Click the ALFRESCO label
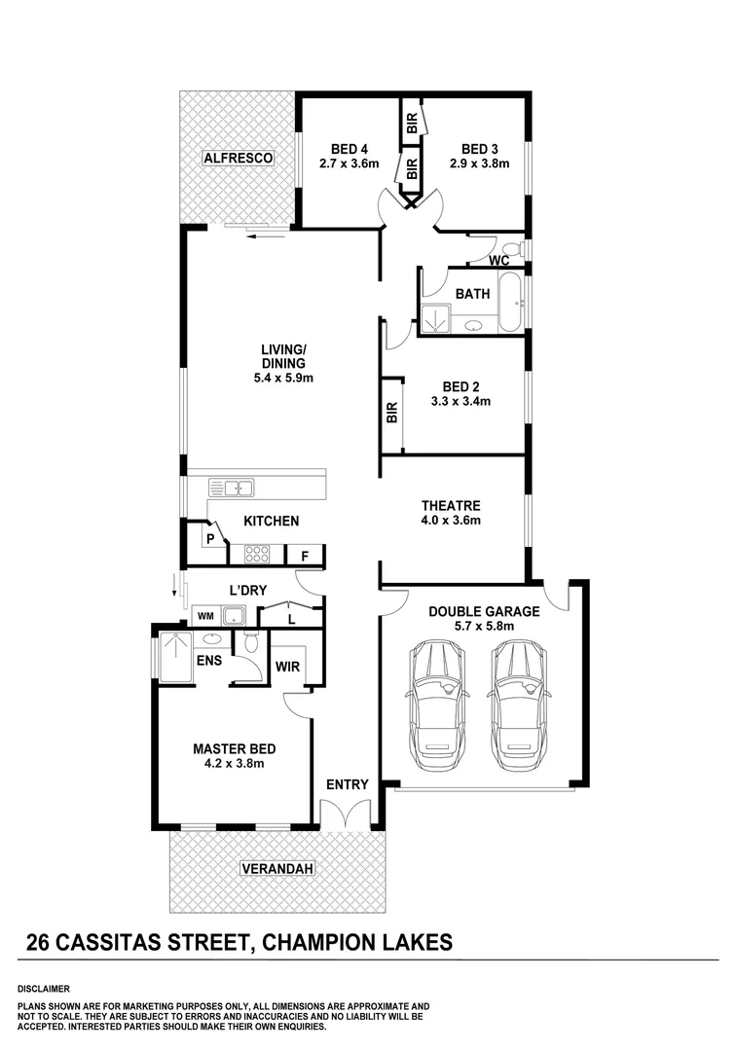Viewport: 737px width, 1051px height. [238, 158]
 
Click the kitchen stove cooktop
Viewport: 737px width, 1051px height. [256, 555]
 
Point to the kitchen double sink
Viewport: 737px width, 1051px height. [235, 488]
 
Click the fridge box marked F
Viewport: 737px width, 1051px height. [305, 556]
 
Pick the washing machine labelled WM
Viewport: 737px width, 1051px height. [205, 615]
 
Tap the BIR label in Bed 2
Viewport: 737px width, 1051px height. [392, 413]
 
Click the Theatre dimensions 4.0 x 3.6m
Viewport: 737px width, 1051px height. [451, 521]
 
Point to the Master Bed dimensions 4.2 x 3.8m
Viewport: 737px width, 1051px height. [234, 764]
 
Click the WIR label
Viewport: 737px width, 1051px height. [287, 668]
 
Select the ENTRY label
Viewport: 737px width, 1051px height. [348, 784]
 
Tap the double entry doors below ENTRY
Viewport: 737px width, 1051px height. [347, 816]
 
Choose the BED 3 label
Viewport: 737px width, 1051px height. [480, 149]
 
